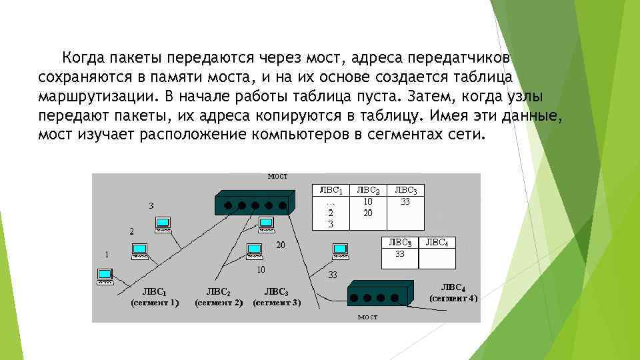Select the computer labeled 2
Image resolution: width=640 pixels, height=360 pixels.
pyautogui.click(x=140, y=250)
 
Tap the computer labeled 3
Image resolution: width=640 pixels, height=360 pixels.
pyautogui.click(x=162, y=223)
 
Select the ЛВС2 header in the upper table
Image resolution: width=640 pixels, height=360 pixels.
pyautogui.click(x=369, y=190)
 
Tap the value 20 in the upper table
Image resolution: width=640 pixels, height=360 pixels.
pyautogui.click(x=368, y=213)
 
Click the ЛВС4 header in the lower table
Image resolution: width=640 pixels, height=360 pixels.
pyautogui.click(x=437, y=242)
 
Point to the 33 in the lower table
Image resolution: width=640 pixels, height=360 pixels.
pyautogui.click(x=400, y=253)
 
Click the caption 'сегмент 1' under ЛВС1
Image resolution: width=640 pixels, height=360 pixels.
pyautogui.click(x=155, y=303)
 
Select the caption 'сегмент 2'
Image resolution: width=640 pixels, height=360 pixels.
pyautogui.click(x=218, y=303)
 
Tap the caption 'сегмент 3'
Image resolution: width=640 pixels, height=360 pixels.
pyautogui.click(x=277, y=303)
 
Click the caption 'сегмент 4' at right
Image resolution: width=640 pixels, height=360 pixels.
pyautogui.click(x=453, y=298)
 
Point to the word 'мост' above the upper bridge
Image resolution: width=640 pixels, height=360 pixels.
pyautogui.click(x=277, y=176)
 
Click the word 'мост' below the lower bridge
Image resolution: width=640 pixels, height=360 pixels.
pyautogui.click(x=367, y=317)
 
